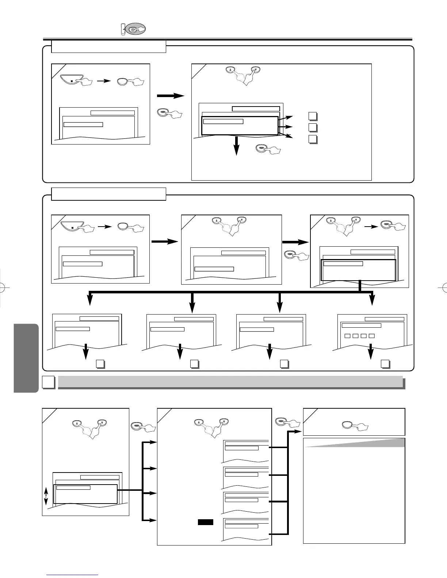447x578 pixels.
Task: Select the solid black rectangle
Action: point(205,522)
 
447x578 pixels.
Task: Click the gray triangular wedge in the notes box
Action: point(365,442)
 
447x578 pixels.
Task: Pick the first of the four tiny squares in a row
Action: point(347,336)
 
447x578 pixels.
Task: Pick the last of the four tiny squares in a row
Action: point(372,336)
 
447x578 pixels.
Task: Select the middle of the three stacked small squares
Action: point(312,127)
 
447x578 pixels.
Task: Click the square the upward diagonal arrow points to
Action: point(312,116)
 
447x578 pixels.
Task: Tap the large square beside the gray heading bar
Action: point(48,382)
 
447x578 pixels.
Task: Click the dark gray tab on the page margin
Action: point(26,358)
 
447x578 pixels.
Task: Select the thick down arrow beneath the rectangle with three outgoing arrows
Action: point(237,146)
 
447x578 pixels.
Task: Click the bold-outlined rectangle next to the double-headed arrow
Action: point(85,494)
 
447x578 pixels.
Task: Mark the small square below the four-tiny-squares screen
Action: point(385,363)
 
